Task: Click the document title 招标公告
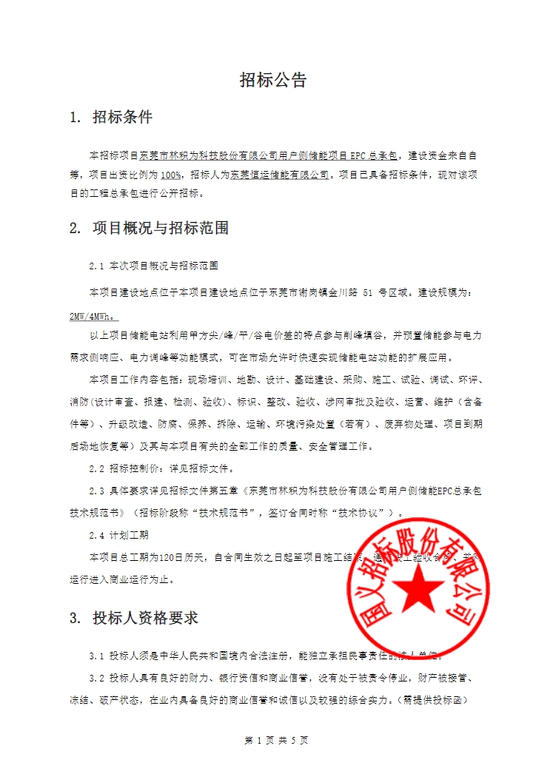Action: point(273,81)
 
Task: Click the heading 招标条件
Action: point(122,117)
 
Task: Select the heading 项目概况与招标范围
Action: point(160,228)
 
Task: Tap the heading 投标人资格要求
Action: point(145,618)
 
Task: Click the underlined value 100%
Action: point(170,175)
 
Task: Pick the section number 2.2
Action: point(97,468)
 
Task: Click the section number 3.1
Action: point(97,656)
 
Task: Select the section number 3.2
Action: point(97,678)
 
